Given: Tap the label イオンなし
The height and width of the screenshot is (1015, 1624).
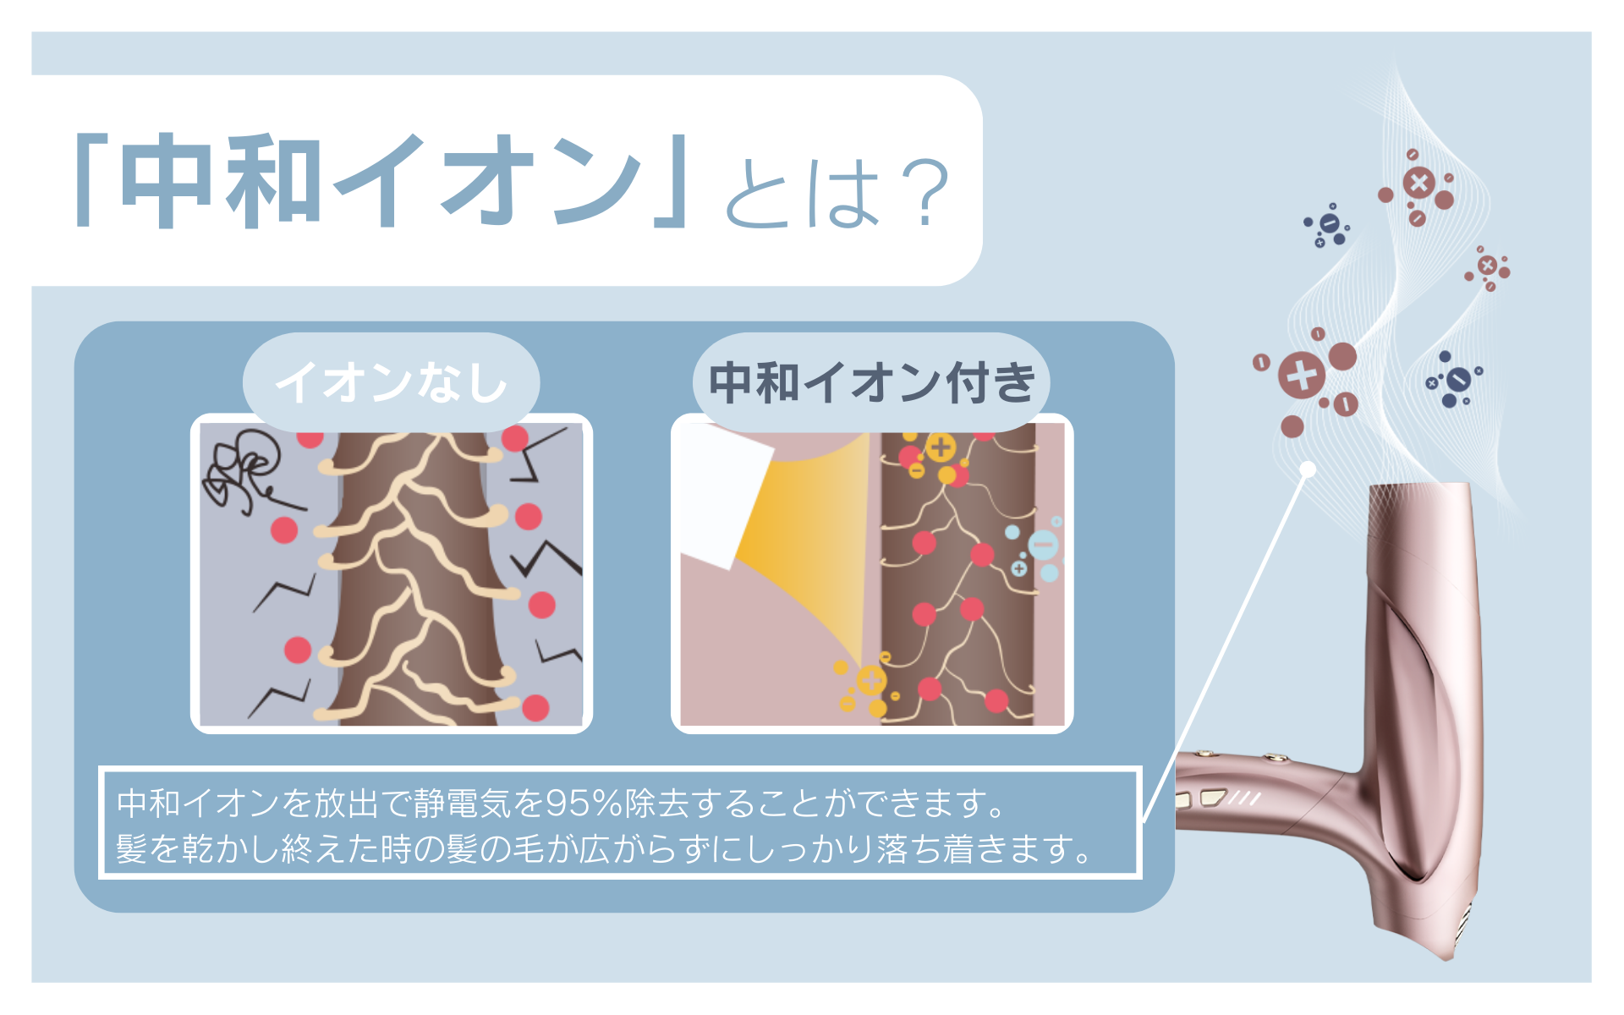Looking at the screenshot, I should [391, 382].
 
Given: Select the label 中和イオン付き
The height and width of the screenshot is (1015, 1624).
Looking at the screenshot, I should [871, 382].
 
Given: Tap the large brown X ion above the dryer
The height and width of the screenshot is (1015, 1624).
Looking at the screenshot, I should [1419, 184].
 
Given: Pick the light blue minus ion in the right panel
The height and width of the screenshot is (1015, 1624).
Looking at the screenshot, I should [1043, 544].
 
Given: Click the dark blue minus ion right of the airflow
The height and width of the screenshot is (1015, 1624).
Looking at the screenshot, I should [1457, 379].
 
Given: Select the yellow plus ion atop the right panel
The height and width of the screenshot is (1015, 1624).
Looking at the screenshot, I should [941, 447].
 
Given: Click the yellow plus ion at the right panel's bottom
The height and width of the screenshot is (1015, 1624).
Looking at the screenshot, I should [871, 679].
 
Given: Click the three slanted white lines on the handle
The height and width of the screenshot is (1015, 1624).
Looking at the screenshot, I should [1245, 798].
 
